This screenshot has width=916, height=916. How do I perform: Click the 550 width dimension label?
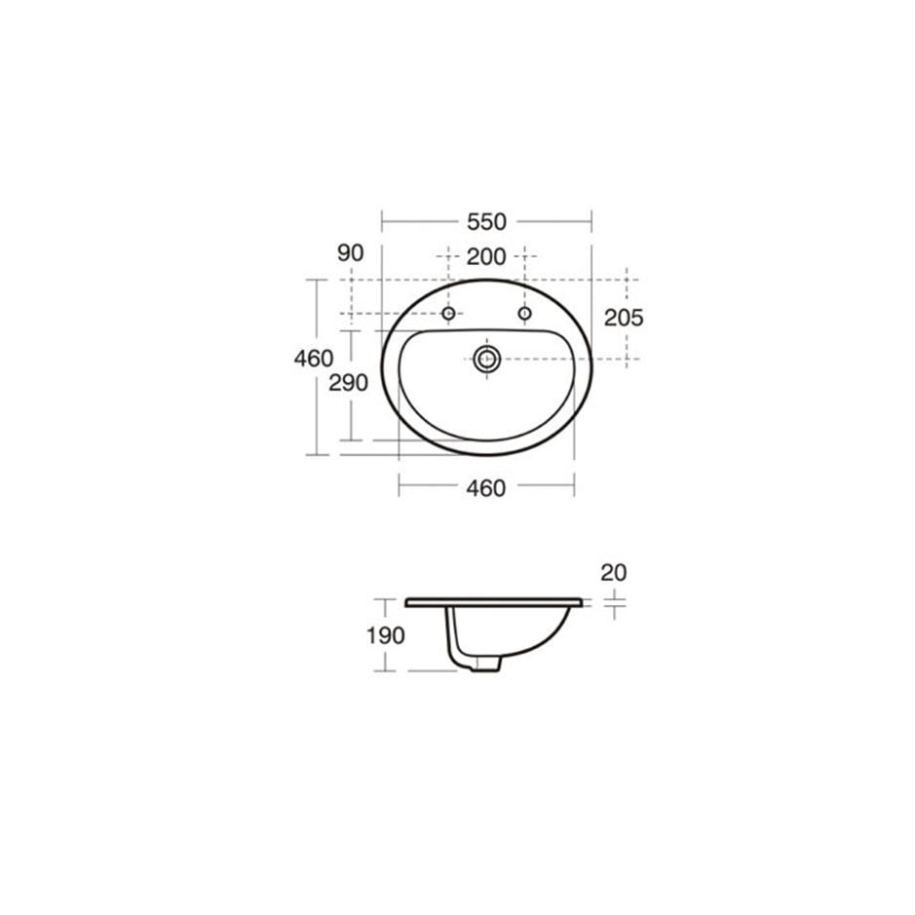[486, 222]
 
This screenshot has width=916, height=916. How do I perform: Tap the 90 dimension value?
[351, 253]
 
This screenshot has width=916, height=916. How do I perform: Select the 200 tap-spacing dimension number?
[486, 257]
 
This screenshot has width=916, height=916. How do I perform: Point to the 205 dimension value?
[624, 318]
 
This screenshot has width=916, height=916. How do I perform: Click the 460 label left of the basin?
[314, 358]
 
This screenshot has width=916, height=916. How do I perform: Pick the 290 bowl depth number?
[348, 383]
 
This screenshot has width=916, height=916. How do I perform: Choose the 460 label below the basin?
[486, 488]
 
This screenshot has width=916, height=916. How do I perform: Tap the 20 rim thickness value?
[613, 573]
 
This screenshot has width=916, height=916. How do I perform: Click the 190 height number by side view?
[386, 635]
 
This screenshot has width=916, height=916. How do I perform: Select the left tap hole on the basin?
[448, 314]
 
